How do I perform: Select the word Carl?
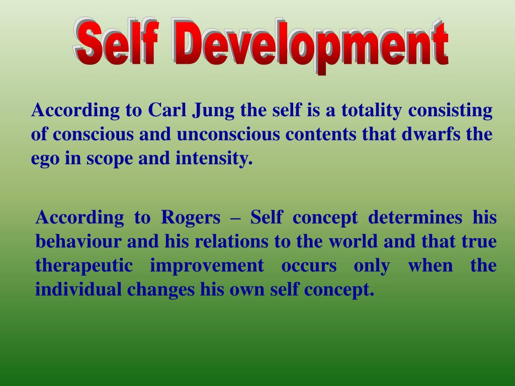pyautogui.click(x=167, y=110)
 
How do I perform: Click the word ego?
pyautogui.click(x=43, y=160)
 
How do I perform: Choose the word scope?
pyautogui.click(x=109, y=160)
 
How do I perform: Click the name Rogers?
pyautogui.click(x=191, y=218)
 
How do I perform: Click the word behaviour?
pyautogui.click(x=78, y=242)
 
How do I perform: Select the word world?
pyautogui.click(x=353, y=242)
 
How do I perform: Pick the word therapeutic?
pyautogui.click(x=84, y=266)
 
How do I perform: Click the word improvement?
pyautogui.click(x=207, y=266)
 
